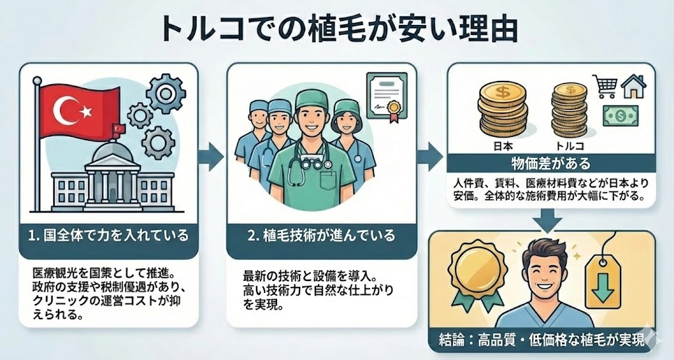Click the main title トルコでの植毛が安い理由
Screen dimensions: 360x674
click(336, 30)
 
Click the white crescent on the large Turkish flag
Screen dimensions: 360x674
click(66, 112)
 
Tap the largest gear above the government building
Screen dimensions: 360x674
click(165, 93)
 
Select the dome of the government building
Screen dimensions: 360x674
click(111, 153)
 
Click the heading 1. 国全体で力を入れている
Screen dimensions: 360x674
click(109, 234)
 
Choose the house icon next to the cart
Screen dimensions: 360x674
click(634, 85)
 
